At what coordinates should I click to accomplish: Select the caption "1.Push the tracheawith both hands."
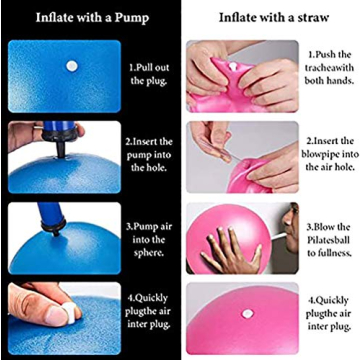point(327,73)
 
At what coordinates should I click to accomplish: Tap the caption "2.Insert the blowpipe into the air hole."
point(327,156)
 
